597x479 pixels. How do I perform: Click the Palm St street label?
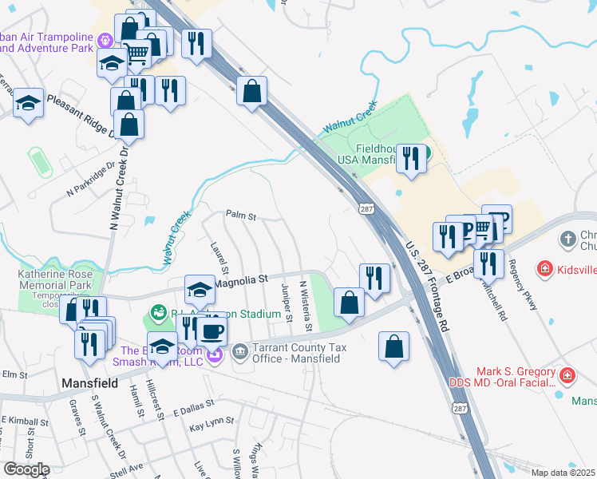tap(240, 216)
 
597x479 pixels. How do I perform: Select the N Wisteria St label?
tap(304, 307)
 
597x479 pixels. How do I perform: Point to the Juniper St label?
tap(286, 301)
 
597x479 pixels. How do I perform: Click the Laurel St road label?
tap(219, 257)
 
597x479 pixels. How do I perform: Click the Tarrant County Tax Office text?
tap(296, 353)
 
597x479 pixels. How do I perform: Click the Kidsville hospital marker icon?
tap(544, 270)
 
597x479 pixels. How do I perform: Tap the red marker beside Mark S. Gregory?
tap(567, 374)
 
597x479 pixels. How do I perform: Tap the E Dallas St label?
tap(194, 408)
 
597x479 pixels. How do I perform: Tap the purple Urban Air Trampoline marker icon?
tap(105, 40)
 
